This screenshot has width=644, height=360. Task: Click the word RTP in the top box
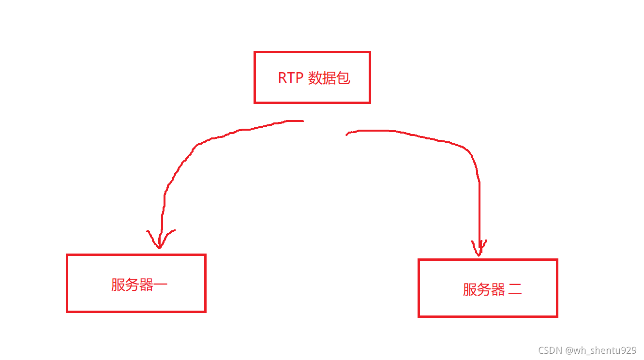[x=290, y=78]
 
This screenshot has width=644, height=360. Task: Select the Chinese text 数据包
[x=329, y=78]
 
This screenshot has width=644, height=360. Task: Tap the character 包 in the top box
[x=343, y=78]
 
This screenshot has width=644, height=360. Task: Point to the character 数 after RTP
[x=315, y=78]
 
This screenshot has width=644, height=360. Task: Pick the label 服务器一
[x=139, y=285]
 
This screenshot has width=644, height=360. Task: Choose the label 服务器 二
[x=492, y=289]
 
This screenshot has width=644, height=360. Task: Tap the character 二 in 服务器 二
[x=515, y=290]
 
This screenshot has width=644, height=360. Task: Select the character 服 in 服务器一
[x=118, y=285]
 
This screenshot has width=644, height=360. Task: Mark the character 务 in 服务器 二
[x=484, y=289]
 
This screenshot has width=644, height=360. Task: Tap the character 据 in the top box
[x=329, y=78]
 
